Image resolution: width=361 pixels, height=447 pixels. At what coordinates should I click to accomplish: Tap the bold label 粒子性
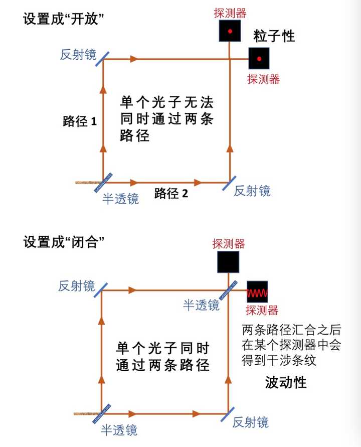coord(274,36)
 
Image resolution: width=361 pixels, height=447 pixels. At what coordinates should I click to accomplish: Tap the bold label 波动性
coord(286,383)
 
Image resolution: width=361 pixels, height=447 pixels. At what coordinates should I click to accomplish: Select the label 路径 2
coord(171,193)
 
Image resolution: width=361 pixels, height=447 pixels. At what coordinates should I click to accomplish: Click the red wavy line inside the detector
coord(259,292)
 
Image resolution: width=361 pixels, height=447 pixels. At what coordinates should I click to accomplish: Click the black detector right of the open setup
coord(259,59)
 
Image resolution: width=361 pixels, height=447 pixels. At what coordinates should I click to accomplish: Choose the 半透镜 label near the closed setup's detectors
coord(201,305)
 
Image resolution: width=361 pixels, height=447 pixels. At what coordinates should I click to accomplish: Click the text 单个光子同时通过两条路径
coord(162,356)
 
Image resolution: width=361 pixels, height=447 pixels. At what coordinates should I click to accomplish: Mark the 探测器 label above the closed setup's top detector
coord(229,244)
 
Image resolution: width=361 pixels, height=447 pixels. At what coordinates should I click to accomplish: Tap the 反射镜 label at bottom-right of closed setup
coord(251,422)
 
